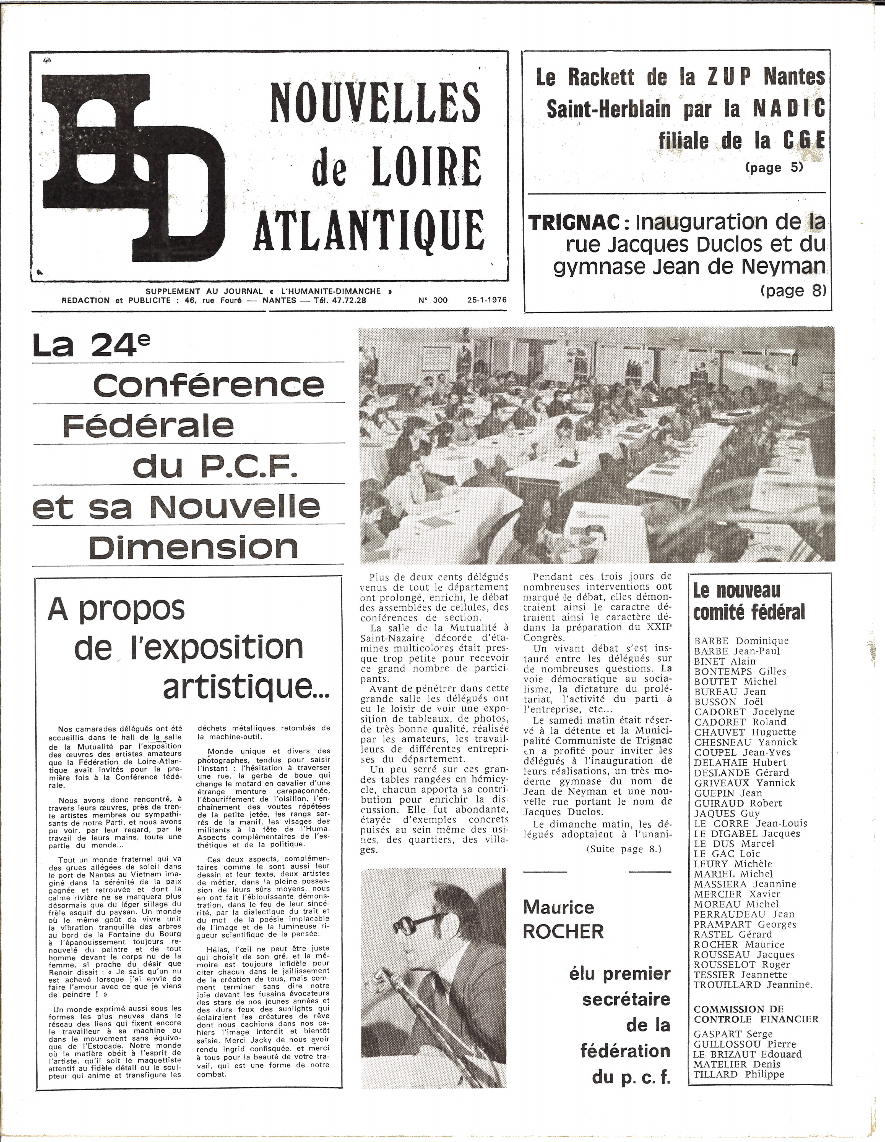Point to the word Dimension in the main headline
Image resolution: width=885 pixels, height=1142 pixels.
click(x=194, y=547)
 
